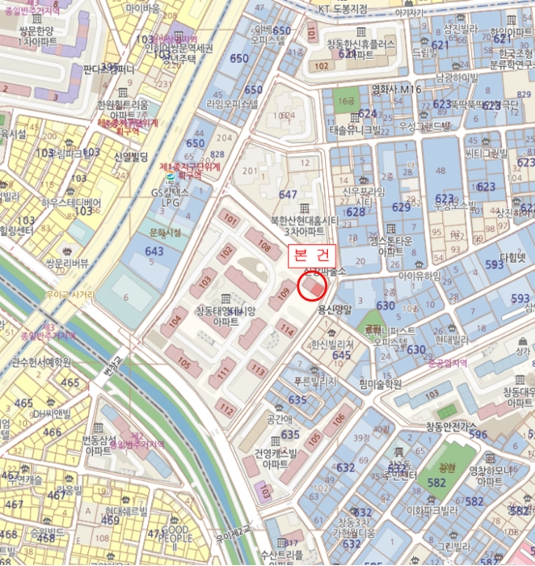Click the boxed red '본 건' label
coord(312,253)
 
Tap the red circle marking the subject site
coord(313,285)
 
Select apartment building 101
coord(231,218)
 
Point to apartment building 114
coord(286,327)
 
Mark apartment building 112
coord(227,410)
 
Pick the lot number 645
coord(341,354)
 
